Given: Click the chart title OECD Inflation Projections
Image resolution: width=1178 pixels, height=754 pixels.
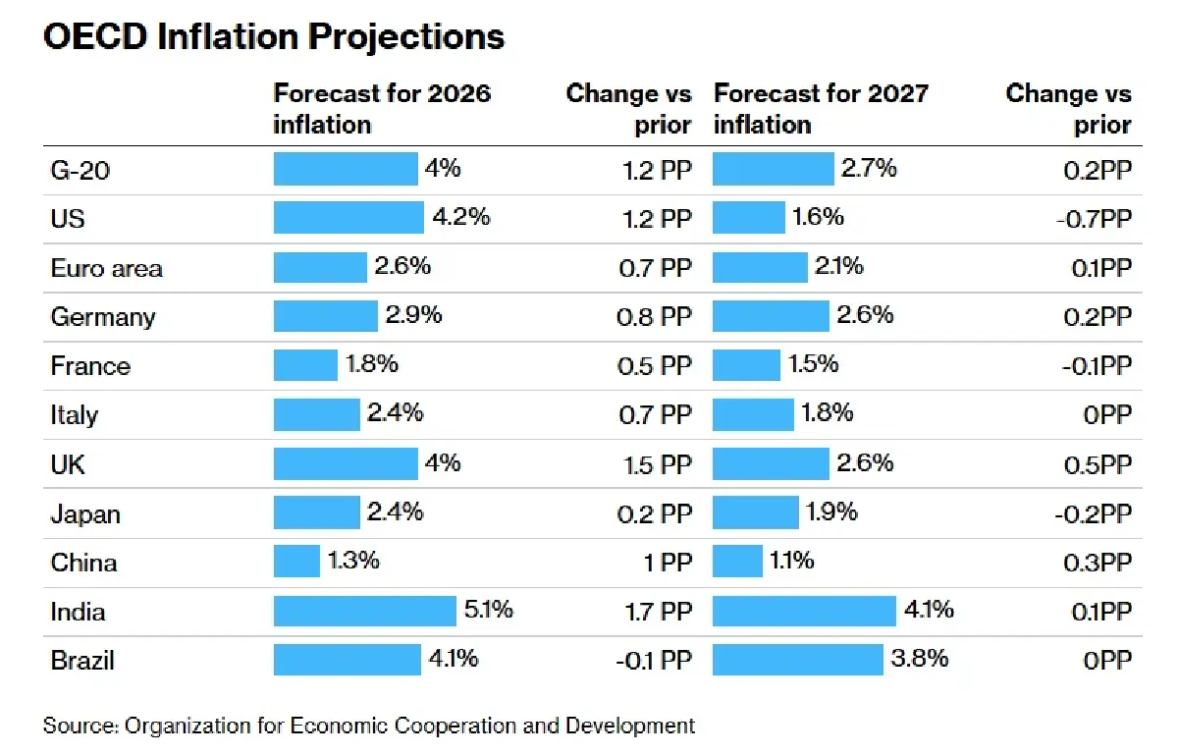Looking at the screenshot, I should coord(274,36).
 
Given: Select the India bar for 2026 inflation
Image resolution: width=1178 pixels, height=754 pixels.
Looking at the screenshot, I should coord(365,611).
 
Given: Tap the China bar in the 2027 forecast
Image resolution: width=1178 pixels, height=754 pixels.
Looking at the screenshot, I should coord(737,562).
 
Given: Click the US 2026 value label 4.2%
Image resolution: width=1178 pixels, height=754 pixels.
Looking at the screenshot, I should coord(460,218).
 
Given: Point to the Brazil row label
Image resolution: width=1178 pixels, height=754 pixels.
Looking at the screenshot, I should coord(82,660).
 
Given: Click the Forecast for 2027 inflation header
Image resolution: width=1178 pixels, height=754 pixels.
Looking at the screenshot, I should coord(820,109).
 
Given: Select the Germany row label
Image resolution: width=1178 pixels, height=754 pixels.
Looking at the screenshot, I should coord(103,316).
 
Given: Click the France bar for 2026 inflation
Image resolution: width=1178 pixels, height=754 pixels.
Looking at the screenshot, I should coord(305,365).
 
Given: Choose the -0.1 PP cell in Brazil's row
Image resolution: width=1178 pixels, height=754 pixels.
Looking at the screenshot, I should coord(653,660).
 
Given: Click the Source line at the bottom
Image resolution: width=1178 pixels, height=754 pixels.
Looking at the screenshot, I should coord(369,727).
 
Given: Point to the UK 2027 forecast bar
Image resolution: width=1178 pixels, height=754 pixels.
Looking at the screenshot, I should coord(771,463).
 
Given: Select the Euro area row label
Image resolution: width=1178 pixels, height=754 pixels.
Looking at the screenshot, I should coord(106,268).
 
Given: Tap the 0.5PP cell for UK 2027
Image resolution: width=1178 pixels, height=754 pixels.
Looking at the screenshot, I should coord(1098,463).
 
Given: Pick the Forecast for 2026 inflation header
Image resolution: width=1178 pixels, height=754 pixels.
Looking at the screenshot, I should coord(381,109).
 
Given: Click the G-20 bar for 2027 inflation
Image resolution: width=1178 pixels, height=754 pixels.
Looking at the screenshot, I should coord(773,169).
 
